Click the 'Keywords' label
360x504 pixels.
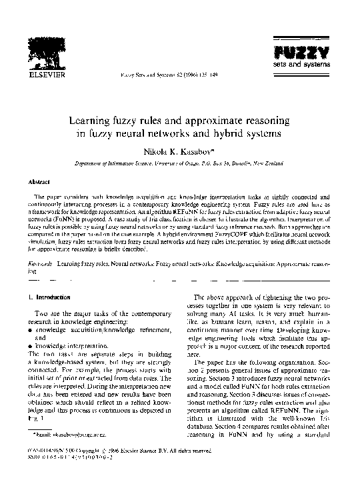click(40, 265)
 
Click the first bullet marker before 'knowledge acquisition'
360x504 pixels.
click(31, 330)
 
